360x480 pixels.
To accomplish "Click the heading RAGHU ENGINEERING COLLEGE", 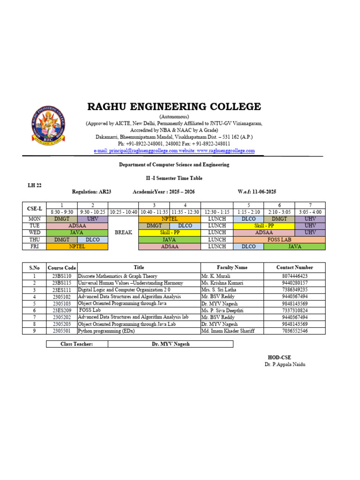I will coord(174,106).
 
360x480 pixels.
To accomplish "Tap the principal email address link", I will coord(136,151).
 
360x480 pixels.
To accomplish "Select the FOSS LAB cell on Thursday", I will coord(279,240).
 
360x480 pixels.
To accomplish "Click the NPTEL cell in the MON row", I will coord(169,219).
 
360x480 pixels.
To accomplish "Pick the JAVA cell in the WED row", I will coord(77,232).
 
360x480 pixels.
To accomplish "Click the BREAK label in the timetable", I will coord(123,232).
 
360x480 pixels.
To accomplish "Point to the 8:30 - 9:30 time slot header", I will coord(62,212).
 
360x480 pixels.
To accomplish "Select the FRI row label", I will coord(34,246).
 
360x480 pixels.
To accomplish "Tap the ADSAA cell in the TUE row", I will coord(77,226).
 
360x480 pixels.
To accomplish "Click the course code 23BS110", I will coord(61,277).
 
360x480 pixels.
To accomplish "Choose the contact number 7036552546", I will coord(294,331).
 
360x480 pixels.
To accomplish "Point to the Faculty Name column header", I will coord(232,267).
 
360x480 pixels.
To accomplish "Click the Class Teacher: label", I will coord(77,344).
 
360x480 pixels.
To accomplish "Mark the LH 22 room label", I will coord(35,186).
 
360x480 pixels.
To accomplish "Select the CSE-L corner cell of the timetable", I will coord(34,209).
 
